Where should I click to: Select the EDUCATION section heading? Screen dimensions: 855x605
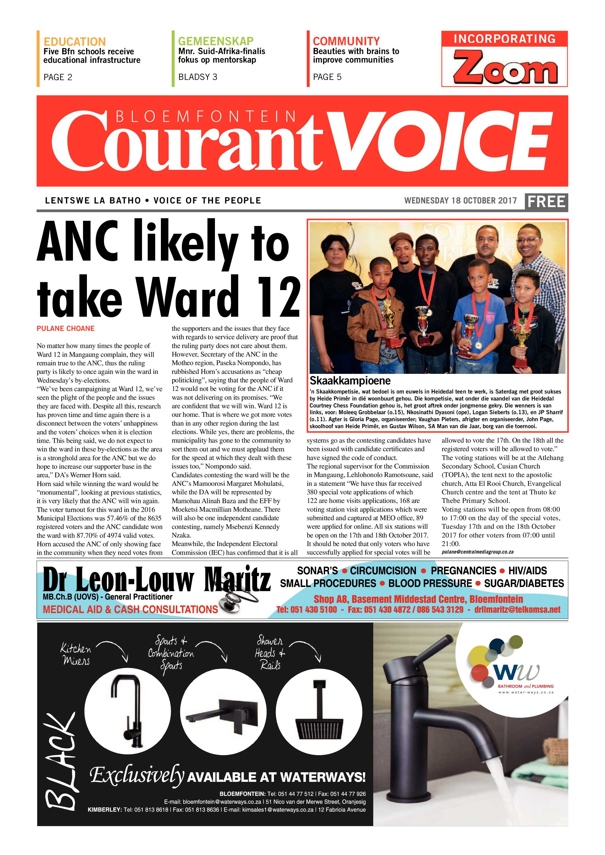[x=74, y=41]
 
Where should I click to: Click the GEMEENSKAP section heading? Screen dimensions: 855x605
[x=216, y=41]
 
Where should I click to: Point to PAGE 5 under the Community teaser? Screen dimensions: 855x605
[x=327, y=77]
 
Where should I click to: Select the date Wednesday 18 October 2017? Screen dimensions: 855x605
[x=460, y=201]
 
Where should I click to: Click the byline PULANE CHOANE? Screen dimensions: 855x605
[x=65, y=328]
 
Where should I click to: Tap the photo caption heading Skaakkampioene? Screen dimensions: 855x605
[x=350, y=381]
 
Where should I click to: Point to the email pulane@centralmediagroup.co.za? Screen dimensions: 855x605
[x=477, y=552]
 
